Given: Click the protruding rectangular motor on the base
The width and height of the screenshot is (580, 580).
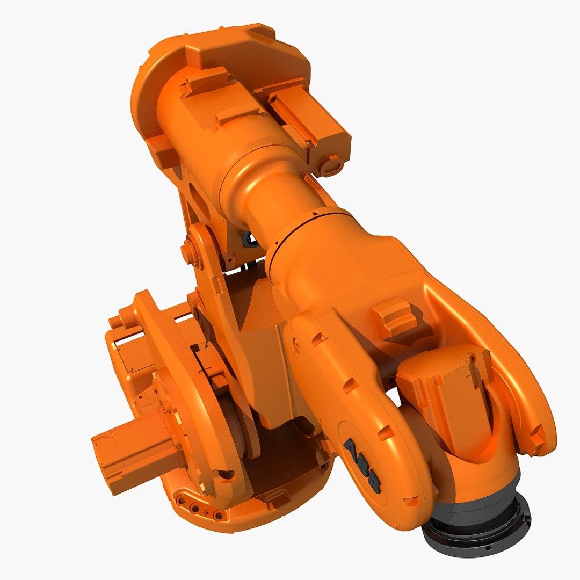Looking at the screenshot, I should tap(134, 448).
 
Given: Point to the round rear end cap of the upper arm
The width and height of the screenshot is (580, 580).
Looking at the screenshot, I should tap(145, 107).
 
